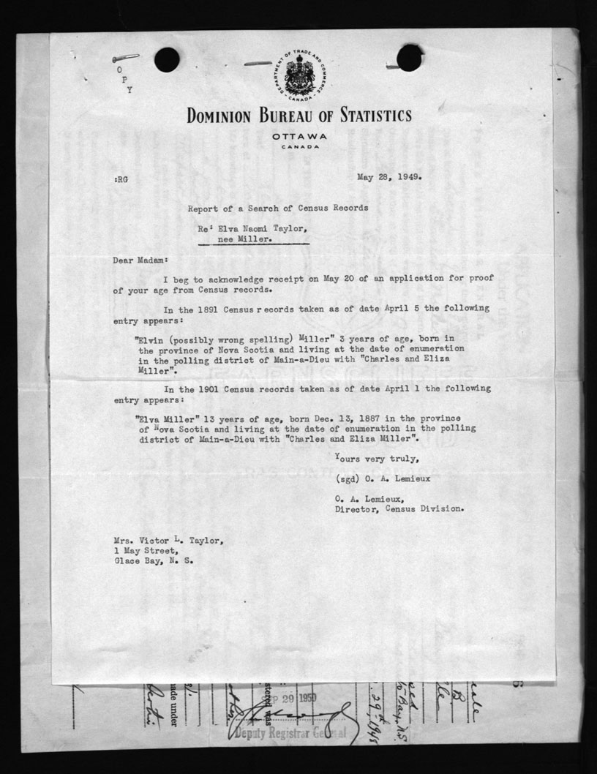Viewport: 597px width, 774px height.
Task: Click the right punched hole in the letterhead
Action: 409,58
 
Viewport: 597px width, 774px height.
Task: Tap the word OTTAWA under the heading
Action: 298,137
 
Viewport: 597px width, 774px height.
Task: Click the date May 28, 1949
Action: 389,176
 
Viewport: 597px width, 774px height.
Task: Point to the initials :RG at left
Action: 121,178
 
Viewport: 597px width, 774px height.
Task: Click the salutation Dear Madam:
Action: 141,259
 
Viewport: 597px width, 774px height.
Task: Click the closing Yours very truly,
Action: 377,459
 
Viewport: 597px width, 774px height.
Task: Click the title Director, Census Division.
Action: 399,509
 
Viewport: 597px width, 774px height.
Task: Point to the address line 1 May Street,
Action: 145,551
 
